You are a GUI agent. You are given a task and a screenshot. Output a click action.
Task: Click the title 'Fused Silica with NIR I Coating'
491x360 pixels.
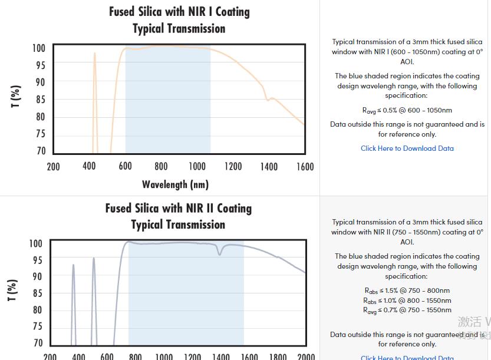coord(179,12)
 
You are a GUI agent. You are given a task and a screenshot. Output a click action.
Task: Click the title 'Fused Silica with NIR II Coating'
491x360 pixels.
coord(178,209)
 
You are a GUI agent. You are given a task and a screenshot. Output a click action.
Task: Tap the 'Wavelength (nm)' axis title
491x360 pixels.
coord(175,184)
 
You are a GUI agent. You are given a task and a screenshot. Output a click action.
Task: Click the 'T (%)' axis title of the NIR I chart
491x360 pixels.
coord(17,96)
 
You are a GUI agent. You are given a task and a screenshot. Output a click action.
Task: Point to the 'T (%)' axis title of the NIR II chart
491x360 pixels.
coord(12,290)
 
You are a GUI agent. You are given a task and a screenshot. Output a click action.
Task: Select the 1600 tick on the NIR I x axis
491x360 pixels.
coord(305,167)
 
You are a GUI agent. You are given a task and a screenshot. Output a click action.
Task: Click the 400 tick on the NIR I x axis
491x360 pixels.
coord(89,167)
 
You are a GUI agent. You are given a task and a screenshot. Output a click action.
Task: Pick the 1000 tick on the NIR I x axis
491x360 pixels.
coord(197,167)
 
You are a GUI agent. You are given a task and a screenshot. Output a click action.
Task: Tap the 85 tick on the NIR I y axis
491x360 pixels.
coord(40,100)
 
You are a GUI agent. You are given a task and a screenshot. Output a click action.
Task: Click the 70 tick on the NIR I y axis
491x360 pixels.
coord(40,151)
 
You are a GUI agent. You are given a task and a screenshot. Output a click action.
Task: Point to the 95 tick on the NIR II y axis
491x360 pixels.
coord(37,260)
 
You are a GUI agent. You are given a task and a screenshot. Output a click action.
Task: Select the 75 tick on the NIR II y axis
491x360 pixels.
coord(37,326)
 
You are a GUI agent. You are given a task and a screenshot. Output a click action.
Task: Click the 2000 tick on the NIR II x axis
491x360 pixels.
coord(306,356)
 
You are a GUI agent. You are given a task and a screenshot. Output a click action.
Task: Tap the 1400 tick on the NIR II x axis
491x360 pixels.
coord(220,356)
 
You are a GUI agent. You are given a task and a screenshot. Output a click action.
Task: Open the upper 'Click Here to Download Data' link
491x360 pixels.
coord(407,148)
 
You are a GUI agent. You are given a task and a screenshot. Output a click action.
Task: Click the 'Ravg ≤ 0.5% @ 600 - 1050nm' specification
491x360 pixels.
coord(407,110)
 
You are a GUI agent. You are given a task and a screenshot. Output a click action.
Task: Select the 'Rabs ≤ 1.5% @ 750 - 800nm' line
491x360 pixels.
coord(407,290)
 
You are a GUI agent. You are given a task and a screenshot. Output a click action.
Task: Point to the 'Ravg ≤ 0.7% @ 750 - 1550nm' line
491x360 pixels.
coord(407,310)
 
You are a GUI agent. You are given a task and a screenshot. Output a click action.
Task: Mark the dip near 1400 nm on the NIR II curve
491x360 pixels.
coord(220,253)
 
